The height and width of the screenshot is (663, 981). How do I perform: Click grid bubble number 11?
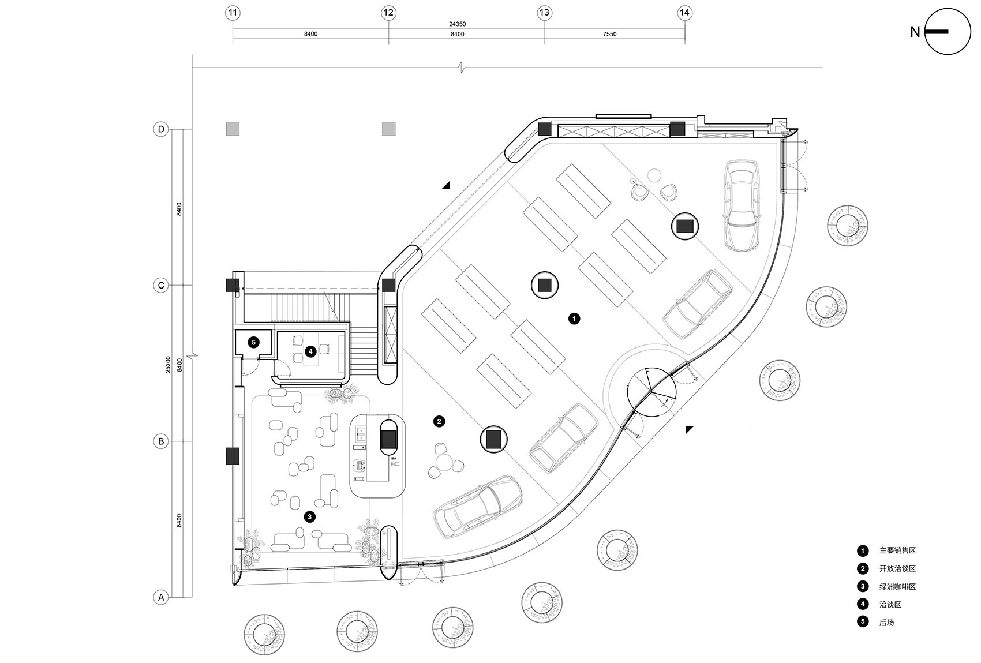[x=233, y=12]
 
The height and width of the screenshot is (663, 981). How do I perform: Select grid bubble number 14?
[x=684, y=12]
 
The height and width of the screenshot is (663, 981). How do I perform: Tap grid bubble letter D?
[x=161, y=129]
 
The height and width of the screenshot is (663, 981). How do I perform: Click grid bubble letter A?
[x=161, y=597]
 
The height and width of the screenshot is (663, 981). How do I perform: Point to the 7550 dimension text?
[x=609, y=34]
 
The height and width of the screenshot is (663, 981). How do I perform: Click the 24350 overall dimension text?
[x=457, y=24]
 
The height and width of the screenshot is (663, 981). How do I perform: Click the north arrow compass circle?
[x=948, y=32]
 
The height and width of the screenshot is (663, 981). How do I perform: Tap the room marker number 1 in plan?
[x=574, y=318]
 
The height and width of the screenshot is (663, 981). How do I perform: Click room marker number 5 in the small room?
[x=253, y=342]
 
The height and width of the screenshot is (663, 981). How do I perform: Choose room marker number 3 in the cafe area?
[x=310, y=516]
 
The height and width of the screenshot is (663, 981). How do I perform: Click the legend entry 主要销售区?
[x=897, y=550]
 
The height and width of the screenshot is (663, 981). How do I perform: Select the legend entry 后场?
[x=886, y=622]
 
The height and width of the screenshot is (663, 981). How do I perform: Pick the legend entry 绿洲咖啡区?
[x=897, y=586]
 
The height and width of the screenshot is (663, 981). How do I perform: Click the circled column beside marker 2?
[x=494, y=440]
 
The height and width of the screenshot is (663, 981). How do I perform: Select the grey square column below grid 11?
[x=233, y=129]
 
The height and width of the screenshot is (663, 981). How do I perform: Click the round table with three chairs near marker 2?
[x=444, y=462]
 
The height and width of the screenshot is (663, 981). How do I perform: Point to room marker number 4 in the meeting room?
[x=310, y=351]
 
